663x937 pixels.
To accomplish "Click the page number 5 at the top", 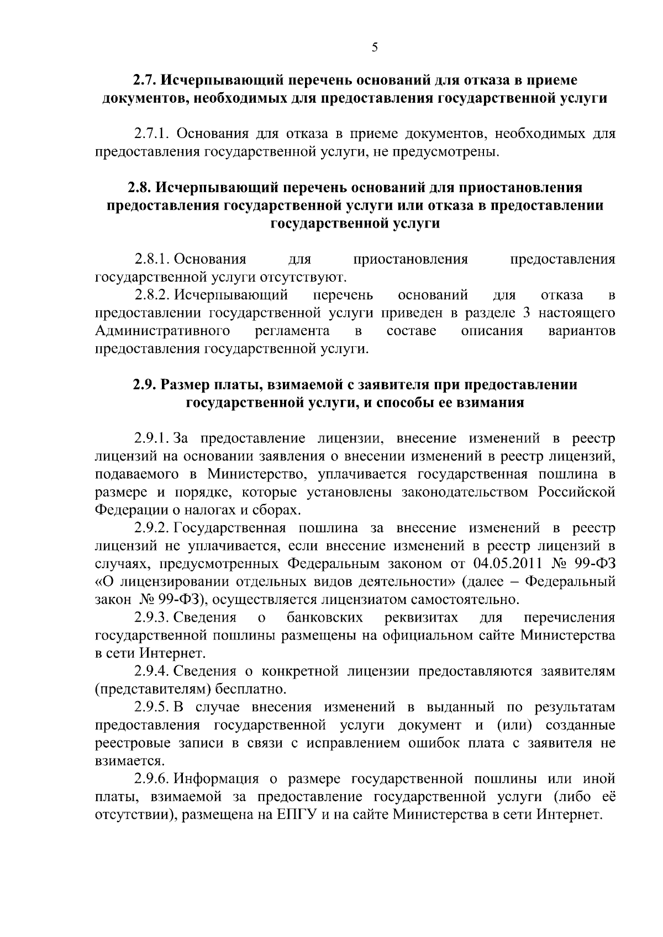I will point(375,47).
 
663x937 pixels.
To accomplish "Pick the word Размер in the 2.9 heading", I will point(186,385).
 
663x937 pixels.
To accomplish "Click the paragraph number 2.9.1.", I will point(152,439).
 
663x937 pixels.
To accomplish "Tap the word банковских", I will point(325,617).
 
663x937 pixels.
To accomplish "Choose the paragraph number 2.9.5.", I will point(152,707).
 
